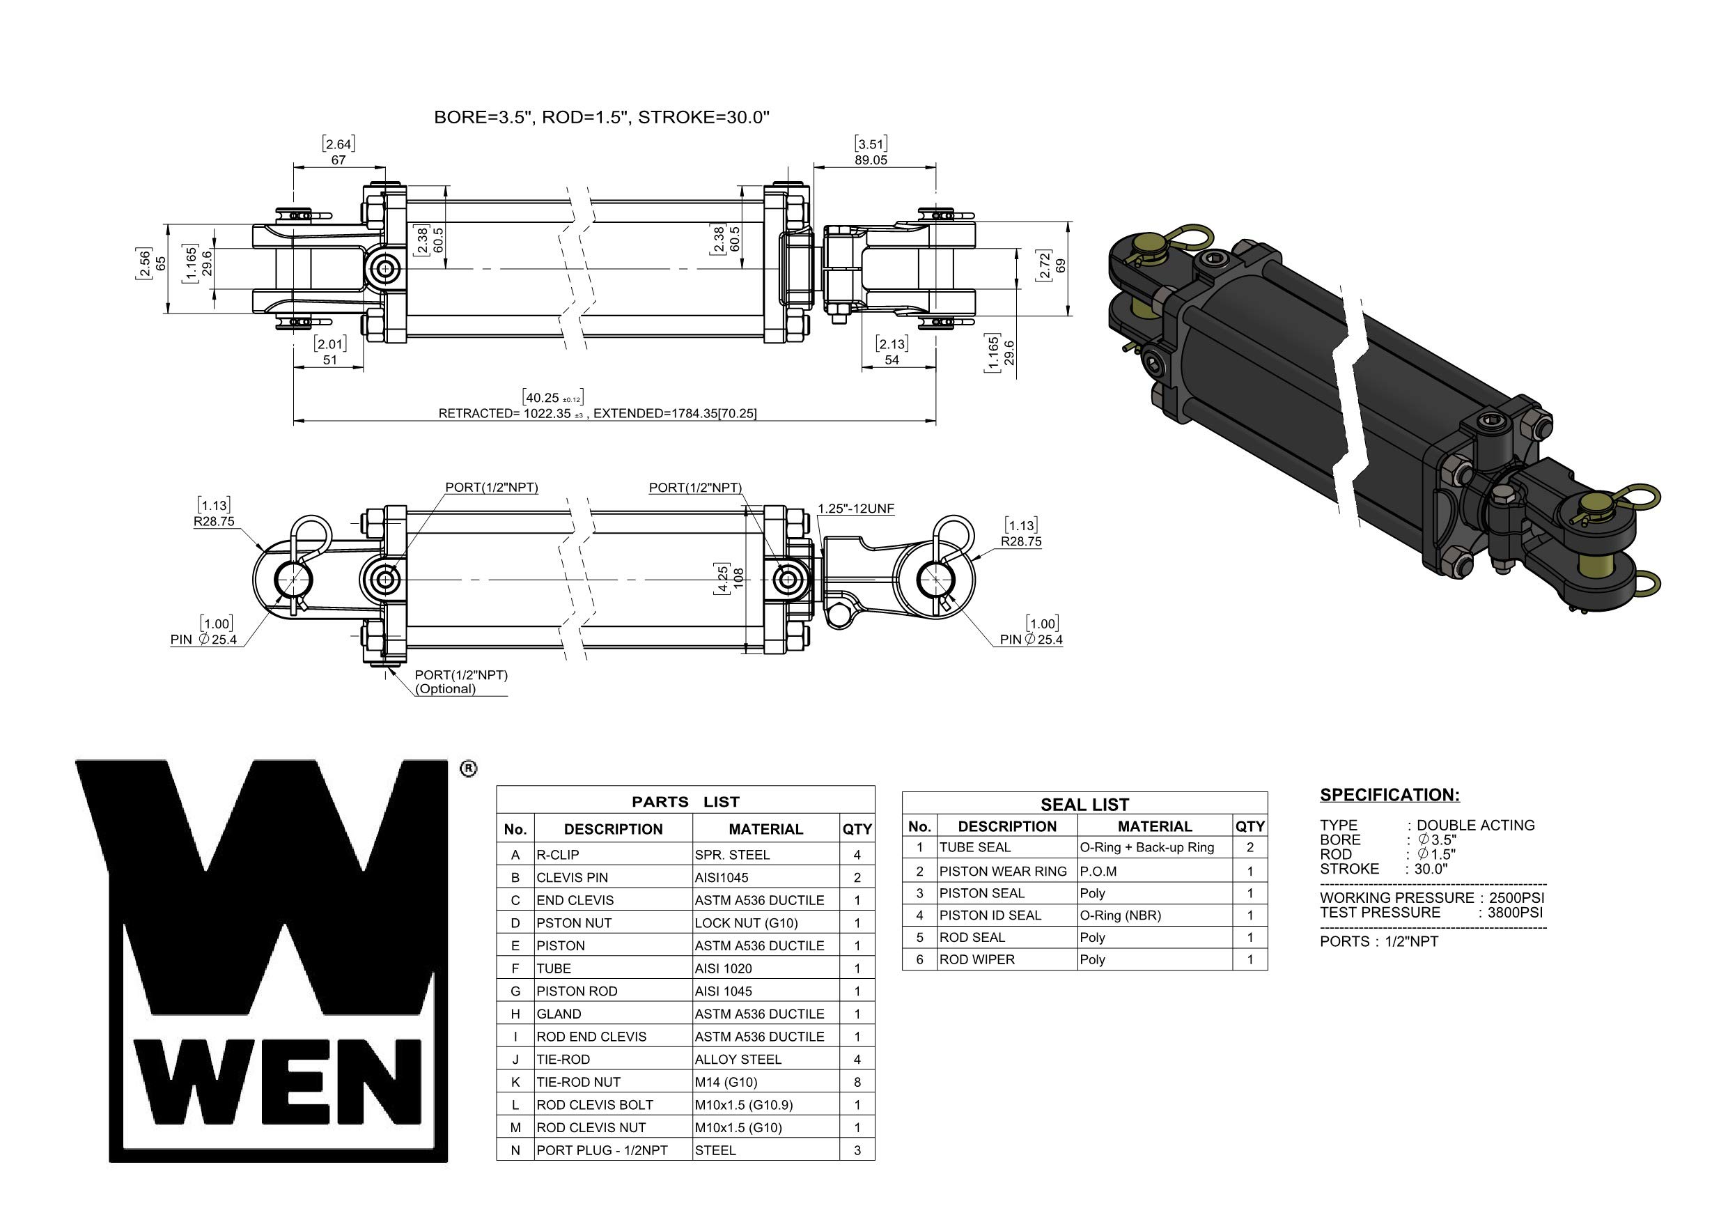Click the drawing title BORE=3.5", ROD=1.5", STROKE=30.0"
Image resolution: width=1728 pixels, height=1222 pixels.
[x=601, y=118]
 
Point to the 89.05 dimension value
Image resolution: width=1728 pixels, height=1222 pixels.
[x=871, y=160]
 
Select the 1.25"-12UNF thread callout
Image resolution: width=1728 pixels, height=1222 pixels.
[x=856, y=509]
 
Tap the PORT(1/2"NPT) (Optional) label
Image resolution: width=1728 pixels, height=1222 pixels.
[x=460, y=682]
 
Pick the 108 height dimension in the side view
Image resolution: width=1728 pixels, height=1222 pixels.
[x=738, y=578]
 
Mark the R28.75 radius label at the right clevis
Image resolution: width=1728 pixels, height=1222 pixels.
[x=1020, y=541]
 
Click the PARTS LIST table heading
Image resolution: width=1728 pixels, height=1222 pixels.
[x=685, y=802]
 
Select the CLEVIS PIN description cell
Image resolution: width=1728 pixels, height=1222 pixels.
[x=572, y=878]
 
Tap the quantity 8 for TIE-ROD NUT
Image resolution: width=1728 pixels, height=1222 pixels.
[x=857, y=1083]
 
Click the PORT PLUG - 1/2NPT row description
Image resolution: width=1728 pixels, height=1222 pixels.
[x=601, y=1150]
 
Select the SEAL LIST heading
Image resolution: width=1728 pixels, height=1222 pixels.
[x=1084, y=805]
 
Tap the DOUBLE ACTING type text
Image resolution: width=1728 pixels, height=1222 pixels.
[x=1475, y=825]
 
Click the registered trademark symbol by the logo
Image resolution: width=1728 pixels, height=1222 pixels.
[x=467, y=768]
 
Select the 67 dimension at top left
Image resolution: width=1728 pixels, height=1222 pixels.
[x=338, y=160]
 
